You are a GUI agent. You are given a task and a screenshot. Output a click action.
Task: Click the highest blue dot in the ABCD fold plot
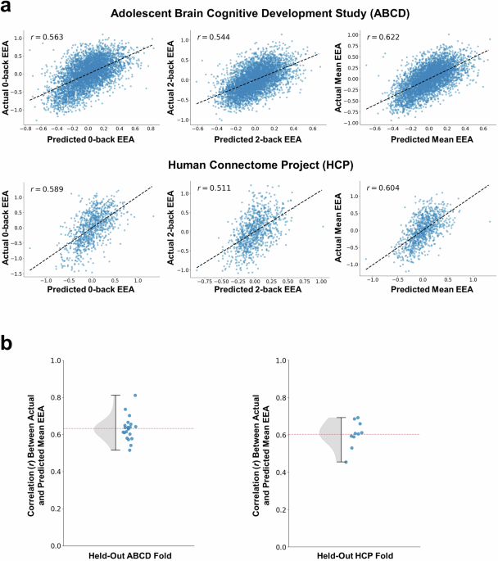(135, 396)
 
